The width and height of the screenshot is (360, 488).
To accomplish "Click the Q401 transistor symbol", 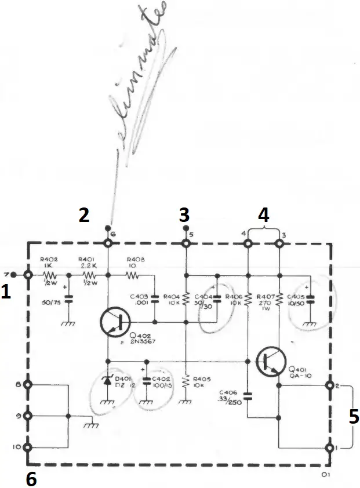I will (270, 360).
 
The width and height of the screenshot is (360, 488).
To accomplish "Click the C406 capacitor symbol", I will (248, 397).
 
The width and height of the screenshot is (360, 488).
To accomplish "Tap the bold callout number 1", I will (6, 293).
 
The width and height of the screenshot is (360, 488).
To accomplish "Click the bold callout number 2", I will (84, 216).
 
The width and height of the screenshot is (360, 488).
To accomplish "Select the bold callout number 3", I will (184, 216).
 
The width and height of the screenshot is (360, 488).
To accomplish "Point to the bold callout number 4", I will (263, 215).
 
